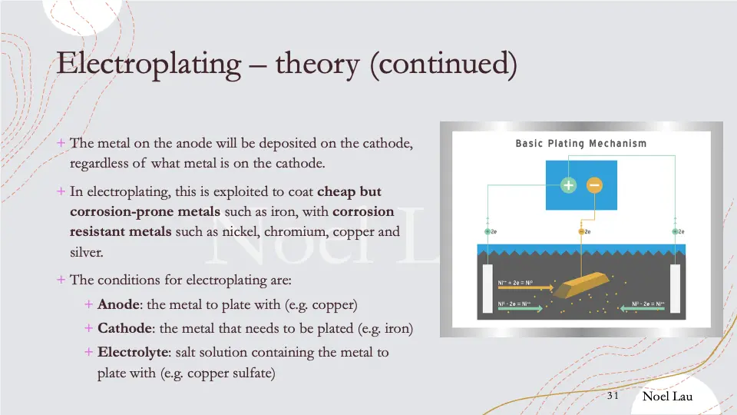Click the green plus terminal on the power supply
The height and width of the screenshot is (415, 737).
(x=568, y=185)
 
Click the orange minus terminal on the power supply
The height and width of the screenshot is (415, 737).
(x=594, y=185)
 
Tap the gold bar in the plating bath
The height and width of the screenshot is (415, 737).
(x=580, y=286)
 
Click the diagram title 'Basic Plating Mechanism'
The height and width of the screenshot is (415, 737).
(x=580, y=144)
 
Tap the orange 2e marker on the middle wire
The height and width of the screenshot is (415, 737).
(x=582, y=231)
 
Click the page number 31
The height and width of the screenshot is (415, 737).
(x=613, y=396)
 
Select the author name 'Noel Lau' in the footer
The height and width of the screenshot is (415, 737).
(x=667, y=396)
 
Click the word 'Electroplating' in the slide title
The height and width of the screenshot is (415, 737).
(x=149, y=64)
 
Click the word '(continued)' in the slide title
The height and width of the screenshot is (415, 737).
(x=443, y=64)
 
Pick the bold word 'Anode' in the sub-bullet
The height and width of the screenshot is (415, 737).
(x=117, y=305)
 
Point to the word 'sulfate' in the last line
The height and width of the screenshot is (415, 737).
(x=251, y=374)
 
